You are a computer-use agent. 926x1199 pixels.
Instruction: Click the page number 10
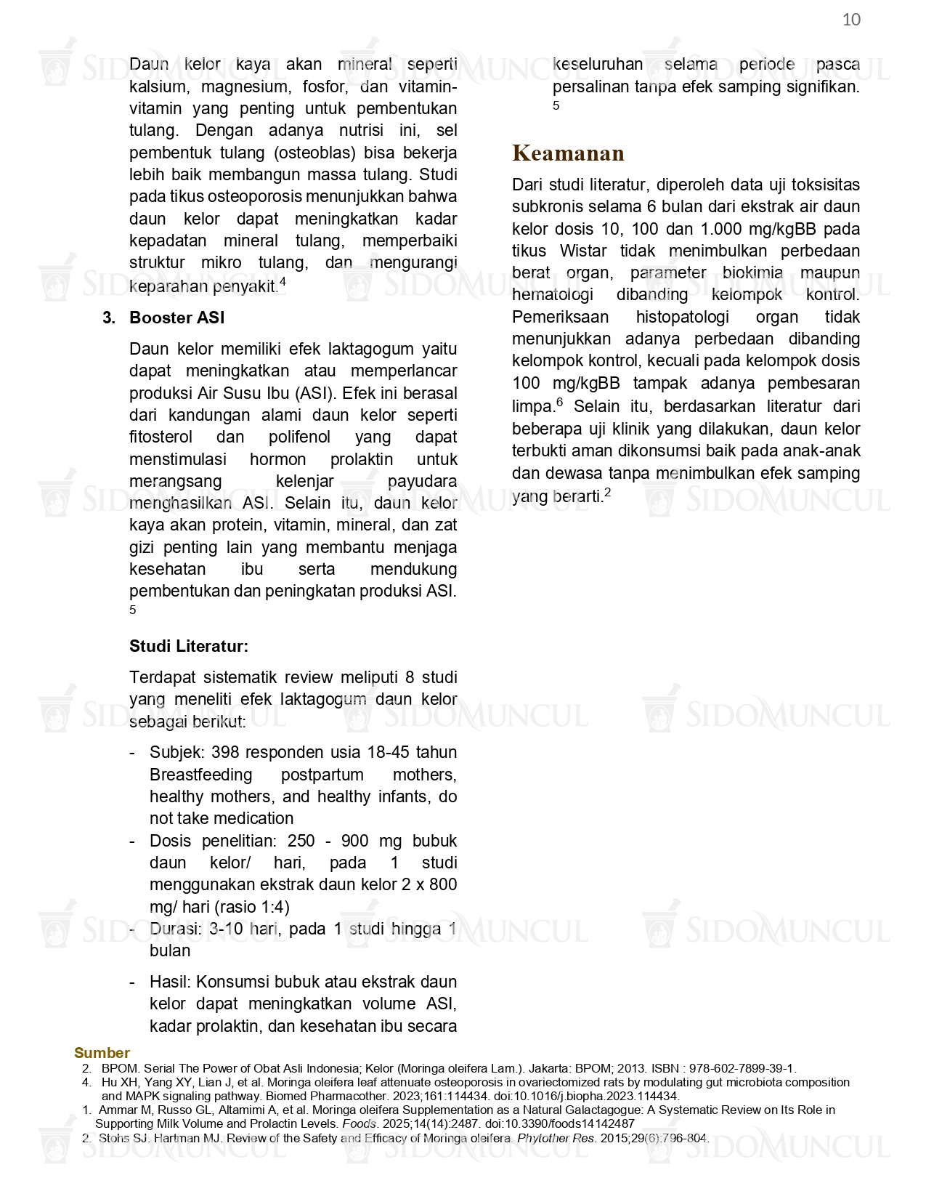(851, 20)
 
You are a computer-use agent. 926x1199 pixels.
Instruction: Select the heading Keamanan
(568, 153)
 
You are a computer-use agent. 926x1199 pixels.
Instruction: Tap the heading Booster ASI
(176, 318)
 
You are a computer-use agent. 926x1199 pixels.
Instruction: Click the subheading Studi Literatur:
(189, 646)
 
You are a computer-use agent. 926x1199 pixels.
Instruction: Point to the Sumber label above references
(102, 1053)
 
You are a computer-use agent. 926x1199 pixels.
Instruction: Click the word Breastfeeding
(200, 775)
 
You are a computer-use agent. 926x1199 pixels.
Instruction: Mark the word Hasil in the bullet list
(169, 982)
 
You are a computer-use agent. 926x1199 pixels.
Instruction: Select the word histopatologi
(682, 317)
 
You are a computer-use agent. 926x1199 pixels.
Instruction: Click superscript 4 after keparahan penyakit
(283, 282)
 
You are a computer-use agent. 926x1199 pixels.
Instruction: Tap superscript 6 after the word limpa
(559, 402)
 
